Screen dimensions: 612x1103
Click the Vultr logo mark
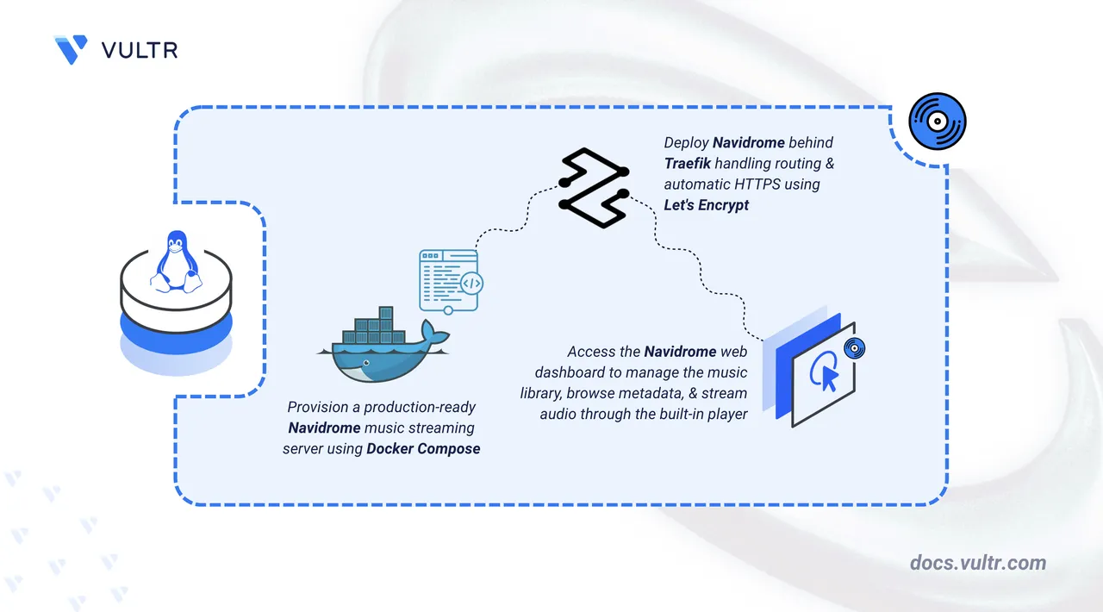71,49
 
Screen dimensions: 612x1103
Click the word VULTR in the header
140,50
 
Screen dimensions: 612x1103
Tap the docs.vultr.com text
978,563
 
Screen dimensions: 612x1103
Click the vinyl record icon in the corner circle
938,122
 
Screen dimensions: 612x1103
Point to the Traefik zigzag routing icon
592,188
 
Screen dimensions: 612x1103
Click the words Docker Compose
423,448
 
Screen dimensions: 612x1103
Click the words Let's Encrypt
706,204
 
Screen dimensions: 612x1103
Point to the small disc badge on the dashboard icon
854,348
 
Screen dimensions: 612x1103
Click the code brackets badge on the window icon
470,283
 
